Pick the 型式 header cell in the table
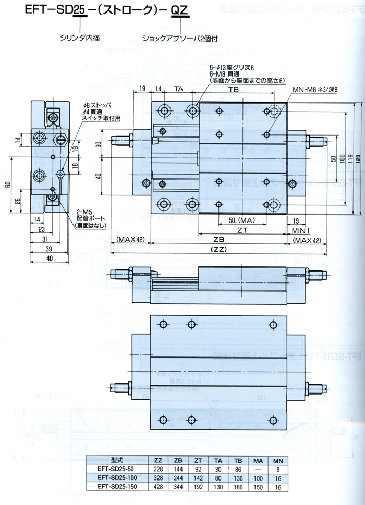coord(116,459)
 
